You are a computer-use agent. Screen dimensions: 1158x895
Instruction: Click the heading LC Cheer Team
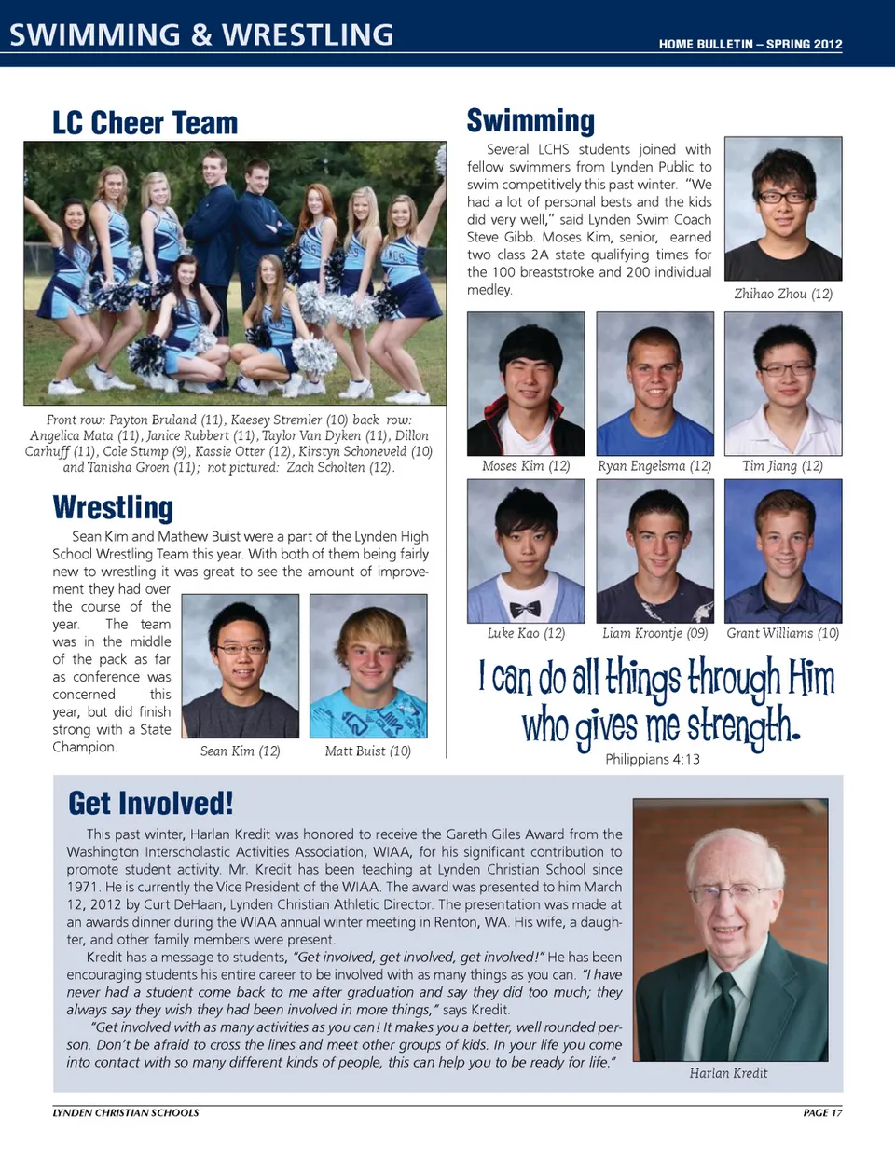145,123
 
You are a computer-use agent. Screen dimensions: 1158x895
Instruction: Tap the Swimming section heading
530,121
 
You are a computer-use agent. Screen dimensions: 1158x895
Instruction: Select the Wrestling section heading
113,508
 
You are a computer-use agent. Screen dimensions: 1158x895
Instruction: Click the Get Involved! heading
150,804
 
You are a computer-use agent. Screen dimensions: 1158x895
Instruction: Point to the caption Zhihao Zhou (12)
783,294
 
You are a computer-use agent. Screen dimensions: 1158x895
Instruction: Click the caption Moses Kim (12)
526,466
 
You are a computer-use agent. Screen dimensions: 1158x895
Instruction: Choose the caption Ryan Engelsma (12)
654,466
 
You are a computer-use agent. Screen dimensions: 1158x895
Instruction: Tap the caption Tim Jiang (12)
782,466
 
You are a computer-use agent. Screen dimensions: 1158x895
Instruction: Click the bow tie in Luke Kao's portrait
525,609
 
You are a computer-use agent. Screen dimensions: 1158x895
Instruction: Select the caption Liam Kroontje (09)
654,633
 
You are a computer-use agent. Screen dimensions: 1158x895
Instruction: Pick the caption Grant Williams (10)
782,633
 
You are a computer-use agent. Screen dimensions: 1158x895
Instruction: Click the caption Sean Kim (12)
240,751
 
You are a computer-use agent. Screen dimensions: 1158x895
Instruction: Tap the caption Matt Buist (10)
367,751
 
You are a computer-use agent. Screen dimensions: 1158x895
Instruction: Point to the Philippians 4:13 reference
653,760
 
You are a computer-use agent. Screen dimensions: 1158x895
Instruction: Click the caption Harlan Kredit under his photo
728,1073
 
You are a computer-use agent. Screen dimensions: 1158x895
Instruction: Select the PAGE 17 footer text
822,1112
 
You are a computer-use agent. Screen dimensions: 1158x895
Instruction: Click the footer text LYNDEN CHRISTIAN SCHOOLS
126,1112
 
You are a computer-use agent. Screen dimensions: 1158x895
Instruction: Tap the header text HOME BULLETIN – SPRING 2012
750,44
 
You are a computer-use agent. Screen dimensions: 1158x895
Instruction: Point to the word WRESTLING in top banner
308,35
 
